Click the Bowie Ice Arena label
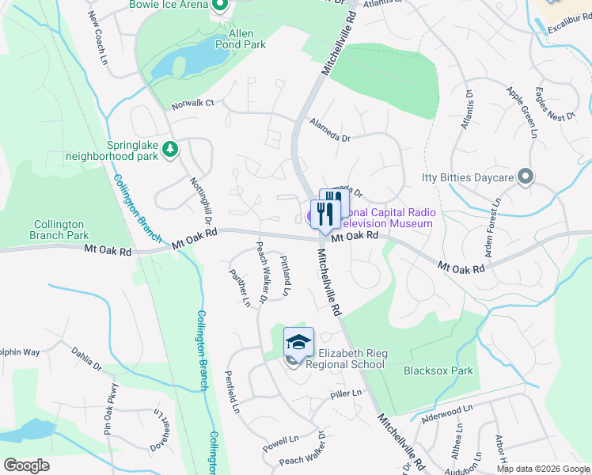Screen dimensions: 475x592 169,4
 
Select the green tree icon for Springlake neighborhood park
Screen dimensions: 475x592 169,148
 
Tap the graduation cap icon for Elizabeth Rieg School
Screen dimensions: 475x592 298,342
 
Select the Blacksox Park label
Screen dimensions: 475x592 438,370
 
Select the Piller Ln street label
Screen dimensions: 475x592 346,393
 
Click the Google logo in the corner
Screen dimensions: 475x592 26,465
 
